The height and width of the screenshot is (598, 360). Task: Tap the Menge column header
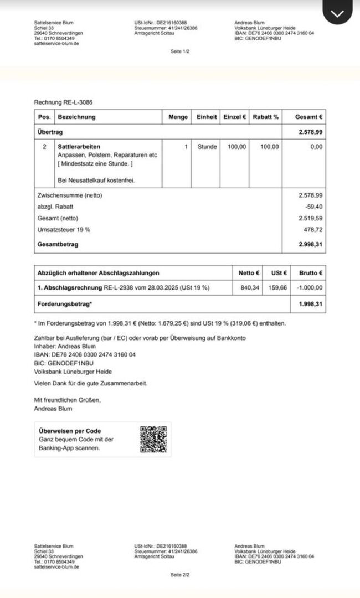click(178, 117)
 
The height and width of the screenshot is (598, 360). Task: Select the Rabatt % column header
click(265, 117)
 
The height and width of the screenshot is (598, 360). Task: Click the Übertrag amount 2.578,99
click(310, 132)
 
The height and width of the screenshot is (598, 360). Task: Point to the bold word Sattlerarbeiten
click(79, 147)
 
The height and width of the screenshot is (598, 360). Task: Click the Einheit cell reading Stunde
click(207, 147)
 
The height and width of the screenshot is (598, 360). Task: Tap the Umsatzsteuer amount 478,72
click(313, 229)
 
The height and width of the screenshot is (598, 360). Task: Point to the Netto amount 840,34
click(250, 288)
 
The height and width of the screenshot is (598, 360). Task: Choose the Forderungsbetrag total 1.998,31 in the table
click(310, 304)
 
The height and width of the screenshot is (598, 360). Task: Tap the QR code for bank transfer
click(153, 439)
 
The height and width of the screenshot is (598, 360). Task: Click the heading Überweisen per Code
click(70, 431)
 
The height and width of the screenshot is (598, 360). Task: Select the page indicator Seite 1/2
click(180, 51)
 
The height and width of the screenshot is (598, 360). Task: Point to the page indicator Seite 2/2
click(180, 575)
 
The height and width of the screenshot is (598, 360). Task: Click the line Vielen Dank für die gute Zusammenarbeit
click(91, 383)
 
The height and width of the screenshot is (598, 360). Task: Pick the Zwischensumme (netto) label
click(70, 195)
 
